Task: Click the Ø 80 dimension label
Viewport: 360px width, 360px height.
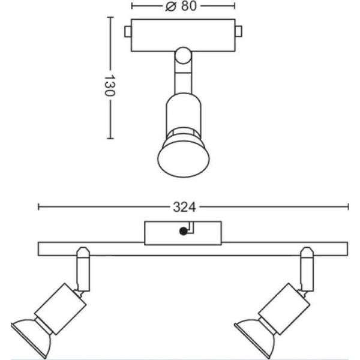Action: click(x=181, y=6)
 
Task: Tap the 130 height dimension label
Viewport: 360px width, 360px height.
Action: click(x=110, y=85)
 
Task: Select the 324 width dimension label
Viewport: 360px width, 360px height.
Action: click(x=184, y=207)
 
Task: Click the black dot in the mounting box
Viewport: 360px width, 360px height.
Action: click(x=184, y=231)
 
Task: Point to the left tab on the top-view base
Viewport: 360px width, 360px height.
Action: click(x=128, y=32)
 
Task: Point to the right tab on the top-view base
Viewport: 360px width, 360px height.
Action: click(x=239, y=32)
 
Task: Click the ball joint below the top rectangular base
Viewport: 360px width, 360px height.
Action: click(x=183, y=55)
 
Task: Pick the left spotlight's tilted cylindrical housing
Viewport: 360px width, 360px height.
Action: click(x=61, y=308)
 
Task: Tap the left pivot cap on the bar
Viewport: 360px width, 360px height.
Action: click(x=83, y=252)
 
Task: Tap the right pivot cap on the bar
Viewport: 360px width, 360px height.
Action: click(x=307, y=252)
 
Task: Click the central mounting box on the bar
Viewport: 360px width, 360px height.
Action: click(x=183, y=233)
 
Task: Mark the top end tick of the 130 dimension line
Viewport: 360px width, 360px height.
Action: click(x=110, y=17)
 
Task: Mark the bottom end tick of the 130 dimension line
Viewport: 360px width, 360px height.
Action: click(x=110, y=139)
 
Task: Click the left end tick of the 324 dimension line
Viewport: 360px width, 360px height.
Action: click(x=38, y=206)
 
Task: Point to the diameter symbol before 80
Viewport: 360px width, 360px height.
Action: click(x=170, y=7)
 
